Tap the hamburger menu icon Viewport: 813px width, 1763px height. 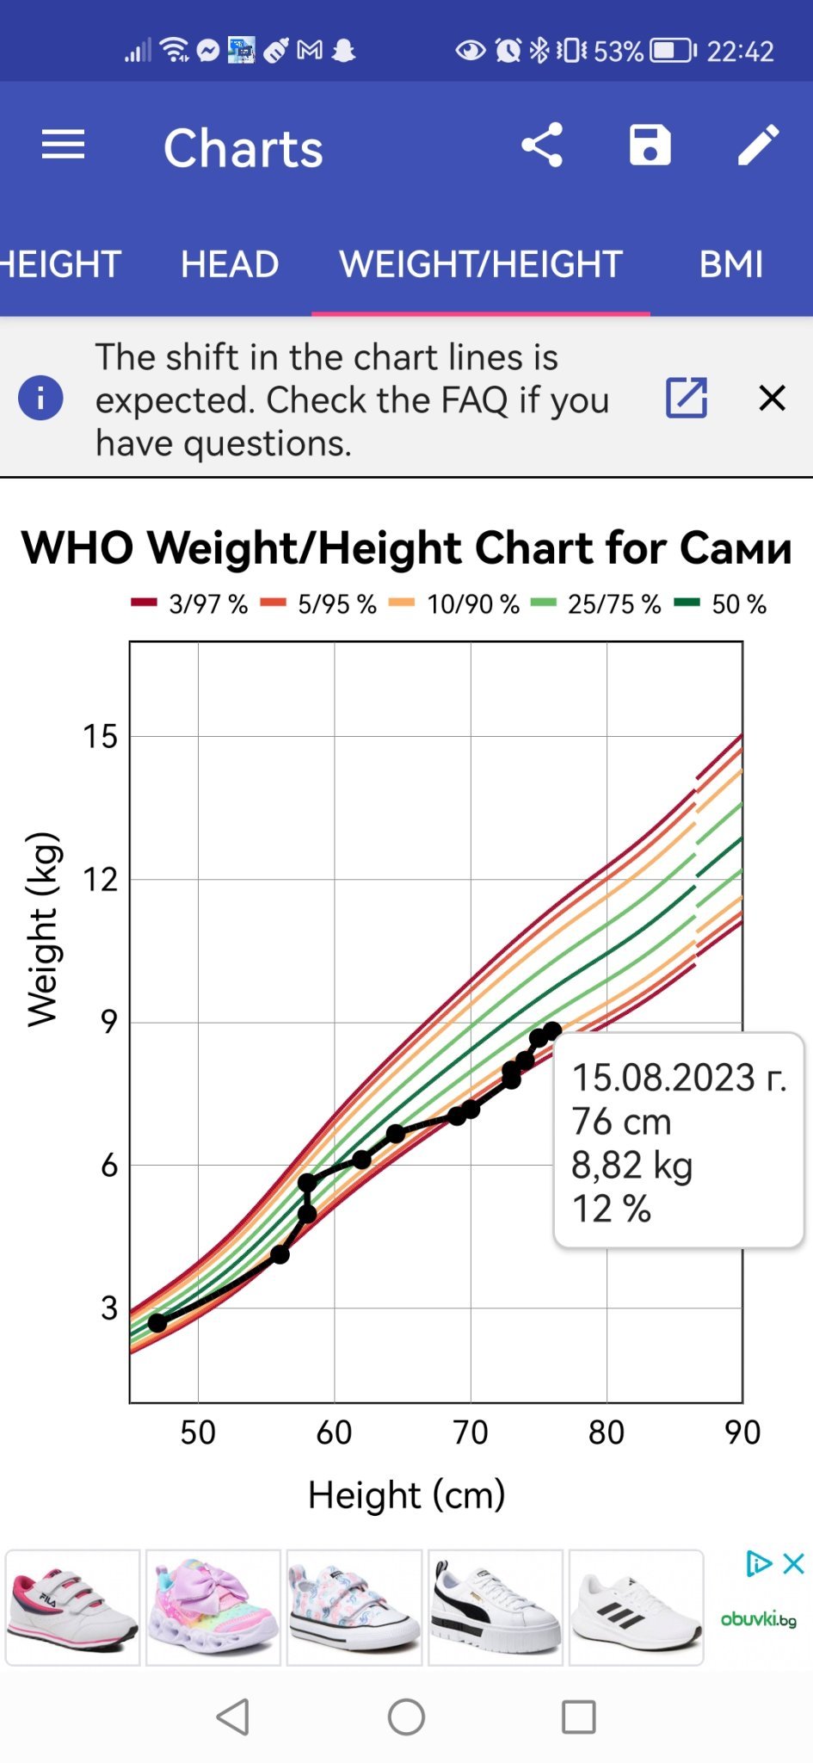[63, 145]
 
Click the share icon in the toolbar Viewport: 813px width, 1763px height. [542, 145]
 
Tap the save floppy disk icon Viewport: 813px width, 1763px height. [650, 145]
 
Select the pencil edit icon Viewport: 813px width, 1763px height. [758, 145]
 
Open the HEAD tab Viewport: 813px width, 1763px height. [230, 264]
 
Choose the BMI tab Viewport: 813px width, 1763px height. [730, 264]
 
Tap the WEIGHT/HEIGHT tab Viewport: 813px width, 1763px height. [481, 264]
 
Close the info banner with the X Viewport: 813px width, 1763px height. [772, 398]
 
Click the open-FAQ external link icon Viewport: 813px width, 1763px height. [687, 398]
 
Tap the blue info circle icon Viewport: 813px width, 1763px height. [40, 398]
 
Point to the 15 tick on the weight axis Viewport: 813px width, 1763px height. [100, 737]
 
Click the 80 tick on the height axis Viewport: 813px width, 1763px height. [606, 1432]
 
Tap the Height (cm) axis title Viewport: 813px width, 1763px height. [406, 1495]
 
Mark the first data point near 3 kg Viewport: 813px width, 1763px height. [157, 1322]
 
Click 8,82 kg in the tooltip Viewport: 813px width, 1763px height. [632, 1166]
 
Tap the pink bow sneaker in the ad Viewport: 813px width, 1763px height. [213, 1607]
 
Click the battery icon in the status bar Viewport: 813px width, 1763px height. [672, 51]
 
